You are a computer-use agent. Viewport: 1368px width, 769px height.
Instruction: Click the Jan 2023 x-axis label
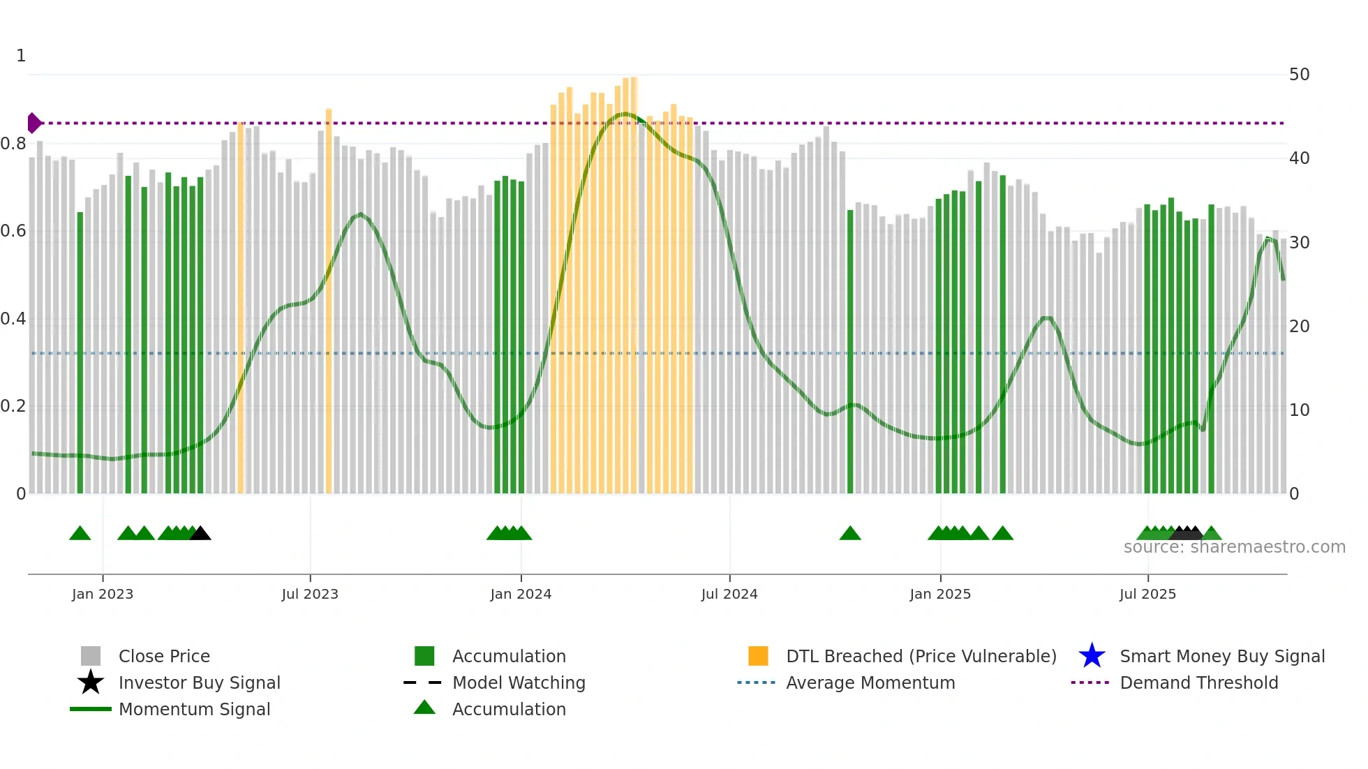pyautogui.click(x=102, y=594)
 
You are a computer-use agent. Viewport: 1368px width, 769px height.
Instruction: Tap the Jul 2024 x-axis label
pyautogui.click(x=729, y=594)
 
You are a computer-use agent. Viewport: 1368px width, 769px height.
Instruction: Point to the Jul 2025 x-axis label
pyautogui.click(x=1147, y=594)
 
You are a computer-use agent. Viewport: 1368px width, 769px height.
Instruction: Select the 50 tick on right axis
pyautogui.click(x=1299, y=75)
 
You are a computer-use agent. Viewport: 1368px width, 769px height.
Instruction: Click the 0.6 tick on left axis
pyautogui.click(x=14, y=231)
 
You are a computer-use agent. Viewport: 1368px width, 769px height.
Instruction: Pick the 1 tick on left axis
pyautogui.click(x=21, y=56)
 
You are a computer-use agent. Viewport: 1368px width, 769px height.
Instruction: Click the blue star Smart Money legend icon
pyautogui.click(x=1092, y=656)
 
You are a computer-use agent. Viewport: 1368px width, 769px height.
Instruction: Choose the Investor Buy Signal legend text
pyautogui.click(x=199, y=682)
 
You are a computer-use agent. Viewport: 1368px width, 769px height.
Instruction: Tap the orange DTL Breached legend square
pyautogui.click(x=758, y=656)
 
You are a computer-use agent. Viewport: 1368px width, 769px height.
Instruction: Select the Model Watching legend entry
pyautogui.click(x=518, y=682)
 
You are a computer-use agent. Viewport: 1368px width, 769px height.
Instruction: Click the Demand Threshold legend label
pyautogui.click(x=1198, y=682)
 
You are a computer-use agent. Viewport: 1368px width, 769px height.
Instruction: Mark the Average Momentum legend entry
pyautogui.click(x=870, y=682)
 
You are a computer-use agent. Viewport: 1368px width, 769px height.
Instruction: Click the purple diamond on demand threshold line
pyautogui.click(x=34, y=123)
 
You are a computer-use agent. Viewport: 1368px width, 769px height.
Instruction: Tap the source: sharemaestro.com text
pyautogui.click(x=1234, y=547)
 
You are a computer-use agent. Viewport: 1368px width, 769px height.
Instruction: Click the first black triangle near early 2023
pyautogui.click(x=200, y=534)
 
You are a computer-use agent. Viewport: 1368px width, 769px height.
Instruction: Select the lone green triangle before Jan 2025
pyautogui.click(x=849, y=534)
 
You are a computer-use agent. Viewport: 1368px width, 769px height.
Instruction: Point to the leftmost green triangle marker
pyautogui.click(x=80, y=534)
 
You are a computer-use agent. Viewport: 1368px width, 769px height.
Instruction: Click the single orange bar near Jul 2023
pyautogui.click(x=329, y=300)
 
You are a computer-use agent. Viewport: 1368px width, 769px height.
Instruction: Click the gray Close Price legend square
pyautogui.click(x=91, y=656)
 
